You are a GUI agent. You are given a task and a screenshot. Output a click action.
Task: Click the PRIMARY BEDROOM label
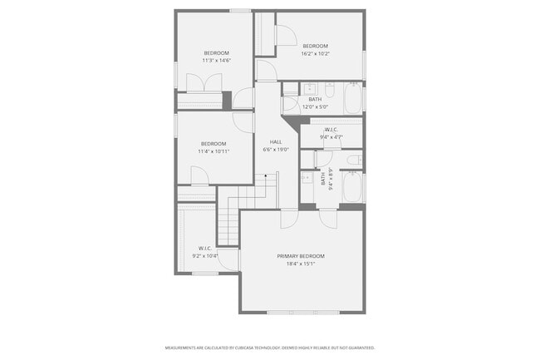point(301,255)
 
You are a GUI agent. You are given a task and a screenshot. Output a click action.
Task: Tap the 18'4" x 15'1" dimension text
point(301,264)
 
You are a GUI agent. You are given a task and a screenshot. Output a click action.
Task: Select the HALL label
point(276,142)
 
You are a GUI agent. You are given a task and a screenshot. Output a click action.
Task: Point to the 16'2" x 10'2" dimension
point(316,53)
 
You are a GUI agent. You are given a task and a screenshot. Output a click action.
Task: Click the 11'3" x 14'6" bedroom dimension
point(216,61)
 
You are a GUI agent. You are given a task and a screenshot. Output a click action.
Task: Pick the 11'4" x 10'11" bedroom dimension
point(214,151)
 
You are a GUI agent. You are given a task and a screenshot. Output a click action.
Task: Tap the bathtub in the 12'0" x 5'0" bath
point(352,99)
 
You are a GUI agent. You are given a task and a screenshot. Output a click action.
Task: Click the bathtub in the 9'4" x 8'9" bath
point(351,189)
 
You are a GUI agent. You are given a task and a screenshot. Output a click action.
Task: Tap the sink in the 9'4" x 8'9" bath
point(307,178)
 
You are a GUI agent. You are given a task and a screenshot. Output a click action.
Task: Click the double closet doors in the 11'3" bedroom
point(204,83)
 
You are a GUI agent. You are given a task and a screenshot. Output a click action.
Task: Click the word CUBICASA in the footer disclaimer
point(244,348)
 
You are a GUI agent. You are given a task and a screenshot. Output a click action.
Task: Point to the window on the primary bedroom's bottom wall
point(303,312)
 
